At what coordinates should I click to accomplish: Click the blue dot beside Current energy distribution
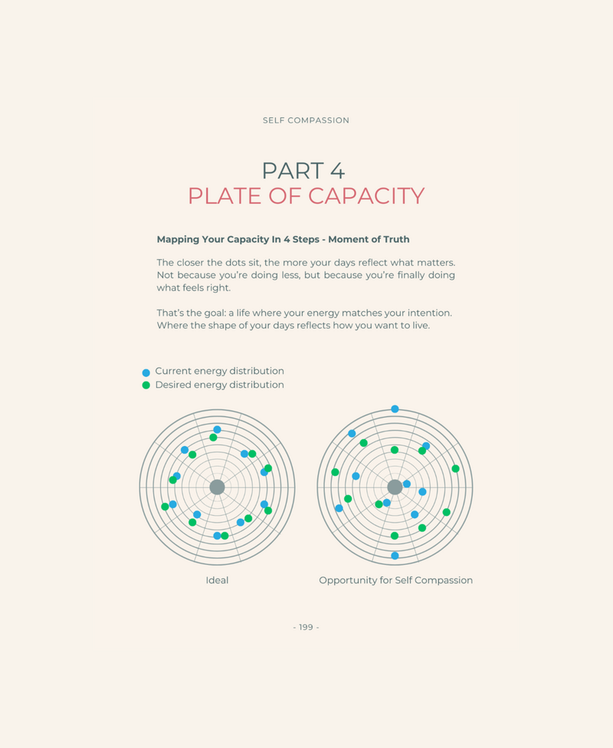coord(146,372)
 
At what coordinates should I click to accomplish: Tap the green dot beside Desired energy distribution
coord(146,385)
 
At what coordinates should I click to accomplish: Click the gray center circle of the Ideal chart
coord(217,487)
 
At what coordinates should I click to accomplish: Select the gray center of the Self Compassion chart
coord(395,487)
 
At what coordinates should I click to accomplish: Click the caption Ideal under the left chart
coord(217,580)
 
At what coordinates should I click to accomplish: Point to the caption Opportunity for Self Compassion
coord(396,580)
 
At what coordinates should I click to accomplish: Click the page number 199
coord(306,627)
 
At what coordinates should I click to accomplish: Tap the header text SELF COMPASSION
coord(306,120)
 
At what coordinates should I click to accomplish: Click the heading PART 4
coord(303,171)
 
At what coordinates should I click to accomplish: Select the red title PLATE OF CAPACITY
coord(306,196)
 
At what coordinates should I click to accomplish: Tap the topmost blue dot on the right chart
coord(395,408)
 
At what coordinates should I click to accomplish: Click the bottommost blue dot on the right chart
coord(395,556)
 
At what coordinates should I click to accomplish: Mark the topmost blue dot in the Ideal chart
coord(217,429)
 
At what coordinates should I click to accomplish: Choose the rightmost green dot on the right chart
coord(456,469)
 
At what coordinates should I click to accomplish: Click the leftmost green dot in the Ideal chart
coord(165,507)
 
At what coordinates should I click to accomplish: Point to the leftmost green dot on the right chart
coord(335,472)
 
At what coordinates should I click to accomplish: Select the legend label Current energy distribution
coord(219,371)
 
